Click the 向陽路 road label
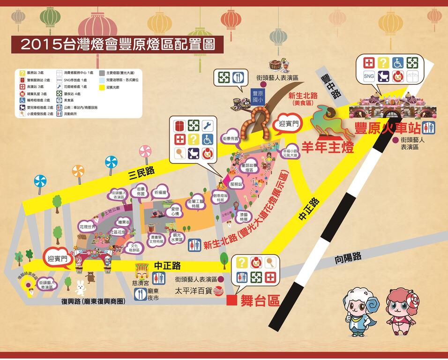348,257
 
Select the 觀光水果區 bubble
178,237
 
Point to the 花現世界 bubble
87,227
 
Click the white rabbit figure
80,286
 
